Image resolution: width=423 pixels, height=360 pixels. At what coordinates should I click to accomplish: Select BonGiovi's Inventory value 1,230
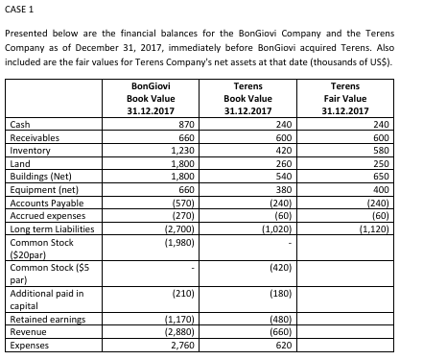[184, 150]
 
